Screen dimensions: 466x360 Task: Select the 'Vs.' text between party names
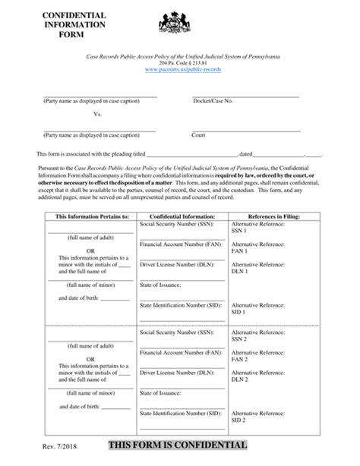(x=97, y=115)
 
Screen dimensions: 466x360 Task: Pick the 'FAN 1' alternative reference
(x=240, y=250)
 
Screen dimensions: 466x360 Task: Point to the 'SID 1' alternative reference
(x=240, y=311)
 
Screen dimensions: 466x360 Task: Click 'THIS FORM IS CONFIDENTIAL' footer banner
(x=178, y=445)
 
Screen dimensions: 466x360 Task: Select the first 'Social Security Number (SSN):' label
(x=176, y=225)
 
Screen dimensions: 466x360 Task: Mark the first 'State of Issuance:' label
(x=161, y=285)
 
